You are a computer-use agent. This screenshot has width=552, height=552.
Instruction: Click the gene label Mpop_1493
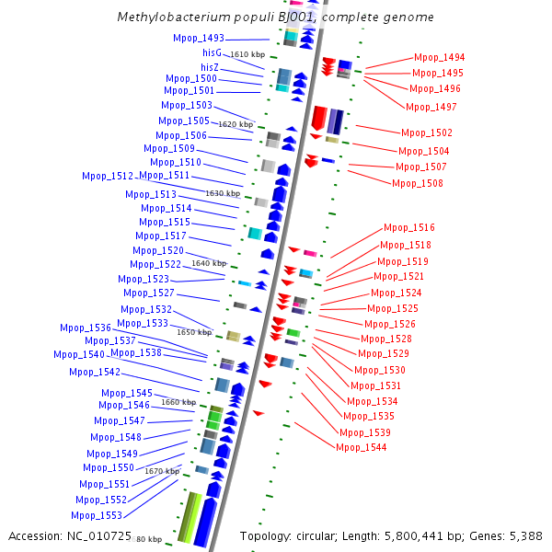point(198,39)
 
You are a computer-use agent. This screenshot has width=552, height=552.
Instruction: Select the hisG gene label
point(211,53)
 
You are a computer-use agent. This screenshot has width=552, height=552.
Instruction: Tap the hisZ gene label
point(210,67)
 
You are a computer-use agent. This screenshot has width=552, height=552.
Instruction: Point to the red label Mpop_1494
point(439,57)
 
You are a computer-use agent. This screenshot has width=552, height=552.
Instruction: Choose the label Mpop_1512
point(108,176)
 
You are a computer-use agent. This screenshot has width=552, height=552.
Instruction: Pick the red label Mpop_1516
point(409,227)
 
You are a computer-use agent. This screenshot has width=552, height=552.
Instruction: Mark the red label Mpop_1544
point(362,447)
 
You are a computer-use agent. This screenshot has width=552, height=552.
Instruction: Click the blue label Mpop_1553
point(97,515)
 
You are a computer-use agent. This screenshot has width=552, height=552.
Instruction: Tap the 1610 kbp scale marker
point(247,55)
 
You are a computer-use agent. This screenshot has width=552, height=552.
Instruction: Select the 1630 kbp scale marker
point(223,193)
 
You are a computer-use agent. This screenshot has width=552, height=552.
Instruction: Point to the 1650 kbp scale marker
point(194,332)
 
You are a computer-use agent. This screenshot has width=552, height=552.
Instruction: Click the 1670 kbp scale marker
point(162,471)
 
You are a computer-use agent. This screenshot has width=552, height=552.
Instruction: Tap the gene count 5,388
point(521,535)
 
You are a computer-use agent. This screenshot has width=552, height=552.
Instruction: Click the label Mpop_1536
point(86,328)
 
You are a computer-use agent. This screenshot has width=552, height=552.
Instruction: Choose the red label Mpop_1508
point(418,183)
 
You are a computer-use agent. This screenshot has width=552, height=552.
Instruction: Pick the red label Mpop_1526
point(390,324)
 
